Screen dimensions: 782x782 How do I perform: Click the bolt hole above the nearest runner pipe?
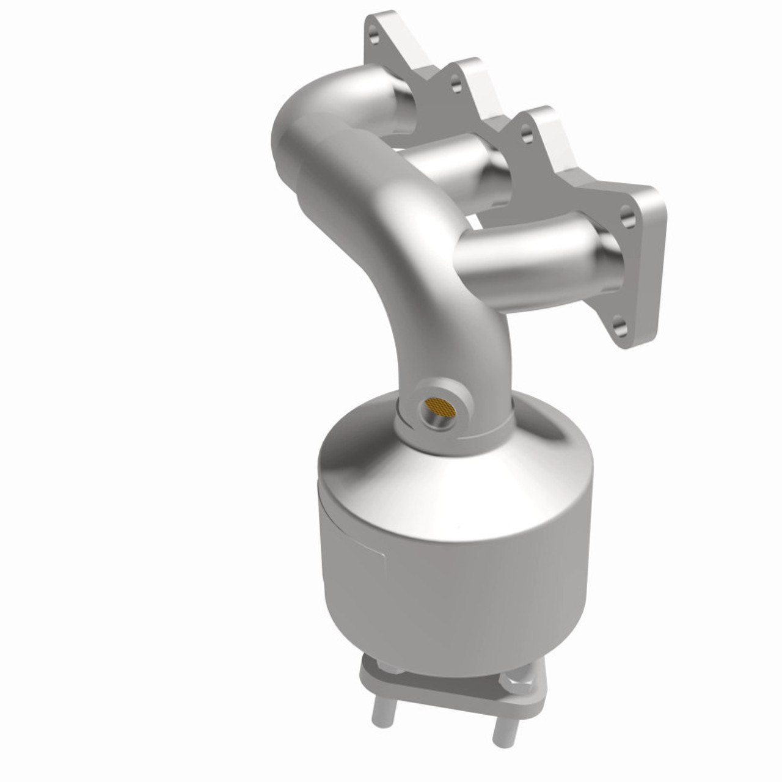(x=625, y=214)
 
